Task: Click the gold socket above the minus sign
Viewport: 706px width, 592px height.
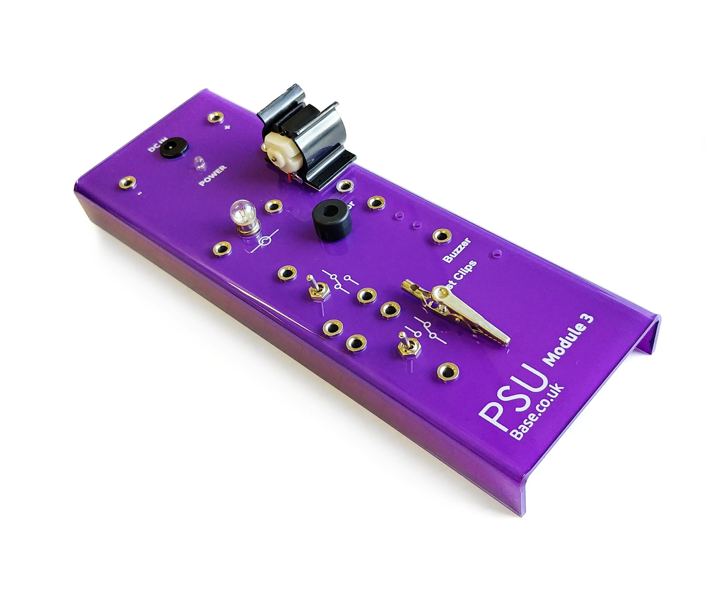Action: click(x=127, y=183)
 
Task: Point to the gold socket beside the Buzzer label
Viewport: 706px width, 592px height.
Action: click(x=440, y=235)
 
